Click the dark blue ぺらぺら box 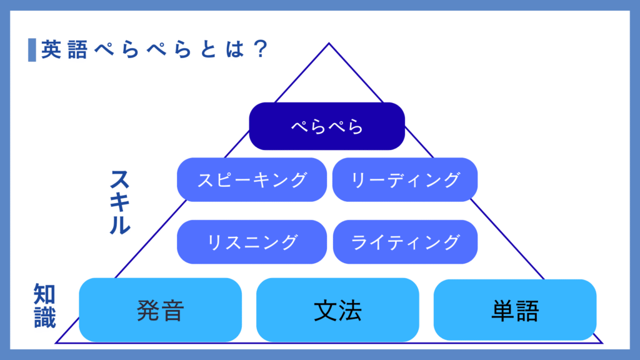point(327,126)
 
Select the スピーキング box point(252,179)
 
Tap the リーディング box point(405,179)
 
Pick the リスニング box point(252,241)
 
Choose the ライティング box point(405,241)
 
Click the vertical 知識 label point(45,306)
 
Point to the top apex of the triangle point(329,43)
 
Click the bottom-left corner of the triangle point(56,342)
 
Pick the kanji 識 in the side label point(45,317)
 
